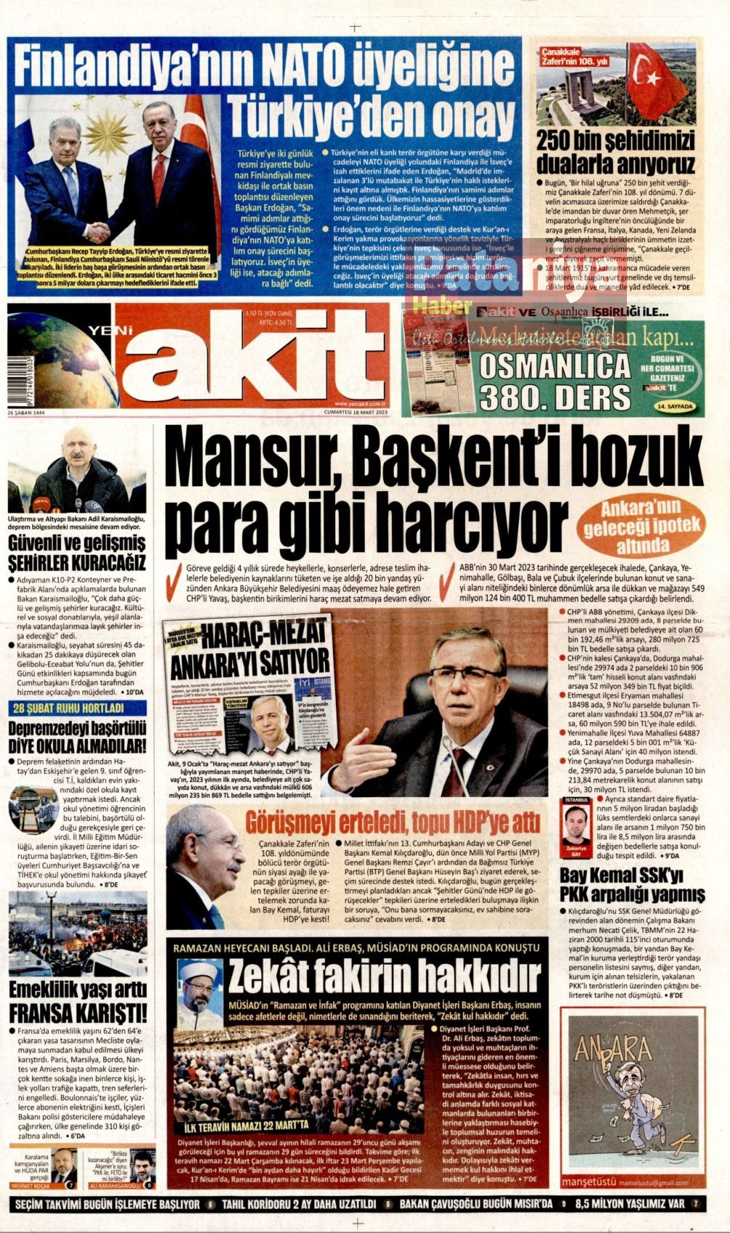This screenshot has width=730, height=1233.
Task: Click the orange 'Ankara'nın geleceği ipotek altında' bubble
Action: [639, 526]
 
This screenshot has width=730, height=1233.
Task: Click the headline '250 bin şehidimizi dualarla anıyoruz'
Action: [616, 152]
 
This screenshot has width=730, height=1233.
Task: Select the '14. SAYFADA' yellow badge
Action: [675, 407]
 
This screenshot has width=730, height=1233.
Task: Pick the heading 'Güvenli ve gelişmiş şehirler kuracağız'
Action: [77, 553]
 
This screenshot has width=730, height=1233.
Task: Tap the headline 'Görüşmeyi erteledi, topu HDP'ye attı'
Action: [393, 822]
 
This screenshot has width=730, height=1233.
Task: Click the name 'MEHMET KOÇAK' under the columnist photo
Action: [29, 1185]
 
